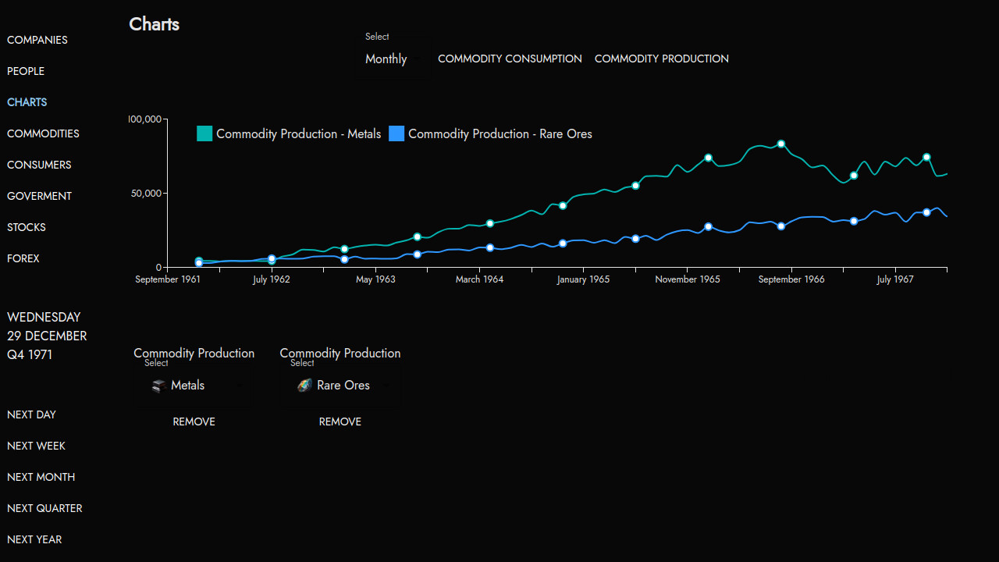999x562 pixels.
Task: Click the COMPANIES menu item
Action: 37,40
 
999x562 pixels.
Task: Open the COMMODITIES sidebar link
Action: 43,133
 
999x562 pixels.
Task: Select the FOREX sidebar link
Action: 23,258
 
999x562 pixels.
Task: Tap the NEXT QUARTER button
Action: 44,508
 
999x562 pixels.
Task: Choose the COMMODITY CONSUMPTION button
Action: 510,59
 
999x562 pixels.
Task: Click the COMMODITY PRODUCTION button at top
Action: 662,59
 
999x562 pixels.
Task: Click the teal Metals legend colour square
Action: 204,133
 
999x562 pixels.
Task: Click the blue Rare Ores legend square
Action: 396,133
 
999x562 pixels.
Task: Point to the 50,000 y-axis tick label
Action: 146,193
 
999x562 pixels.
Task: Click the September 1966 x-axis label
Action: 791,279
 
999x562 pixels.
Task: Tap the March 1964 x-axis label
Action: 480,279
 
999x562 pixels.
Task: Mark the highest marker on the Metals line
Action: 780,144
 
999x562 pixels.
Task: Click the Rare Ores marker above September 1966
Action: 780,226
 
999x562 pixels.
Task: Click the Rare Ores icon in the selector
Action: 304,385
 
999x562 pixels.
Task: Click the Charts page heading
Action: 155,24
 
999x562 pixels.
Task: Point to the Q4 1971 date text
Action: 30,354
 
